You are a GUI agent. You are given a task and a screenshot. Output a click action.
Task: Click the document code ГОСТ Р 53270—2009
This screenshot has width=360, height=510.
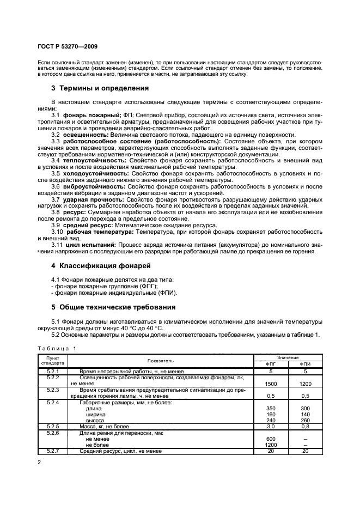(x=68, y=47)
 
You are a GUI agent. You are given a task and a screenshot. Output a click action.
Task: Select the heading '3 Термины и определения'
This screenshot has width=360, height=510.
(x=100, y=88)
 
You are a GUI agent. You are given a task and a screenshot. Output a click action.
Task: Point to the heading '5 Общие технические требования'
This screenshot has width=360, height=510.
(x=113, y=307)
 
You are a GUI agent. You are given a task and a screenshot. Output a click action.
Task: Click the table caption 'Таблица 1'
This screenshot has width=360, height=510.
(x=57, y=348)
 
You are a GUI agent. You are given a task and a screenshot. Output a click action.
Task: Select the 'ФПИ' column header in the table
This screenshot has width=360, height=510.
(x=305, y=364)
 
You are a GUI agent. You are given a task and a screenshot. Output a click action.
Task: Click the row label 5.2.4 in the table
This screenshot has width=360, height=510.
(x=53, y=403)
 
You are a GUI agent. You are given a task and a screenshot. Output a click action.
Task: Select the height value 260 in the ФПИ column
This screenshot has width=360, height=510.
(x=305, y=420)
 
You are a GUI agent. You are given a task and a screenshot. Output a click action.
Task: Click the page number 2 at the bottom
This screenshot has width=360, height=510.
(x=40, y=463)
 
